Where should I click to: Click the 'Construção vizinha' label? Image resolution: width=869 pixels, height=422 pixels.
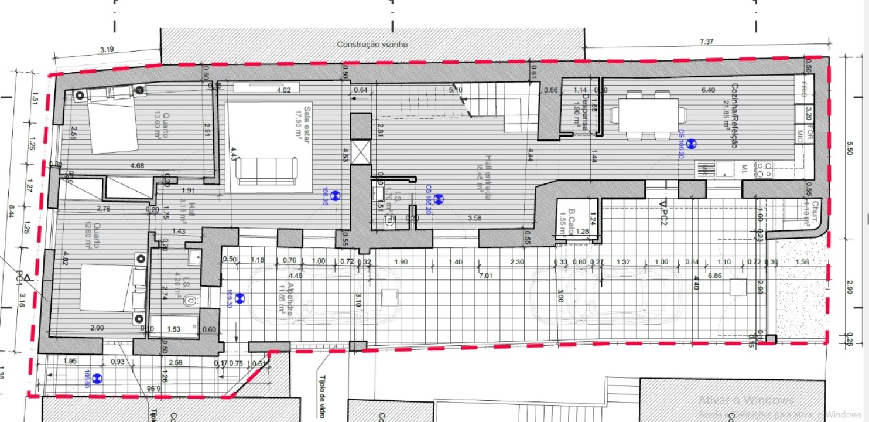tap(372, 44)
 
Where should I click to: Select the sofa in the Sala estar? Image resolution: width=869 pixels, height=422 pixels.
tap(266, 171)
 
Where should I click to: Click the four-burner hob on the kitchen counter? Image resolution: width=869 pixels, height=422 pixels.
tap(764, 169)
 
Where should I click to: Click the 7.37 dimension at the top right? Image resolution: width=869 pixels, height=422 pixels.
tap(707, 42)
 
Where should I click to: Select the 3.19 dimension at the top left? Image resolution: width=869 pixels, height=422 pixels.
tap(107, 50)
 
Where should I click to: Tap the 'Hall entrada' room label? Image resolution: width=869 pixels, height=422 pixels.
tap(487, 178)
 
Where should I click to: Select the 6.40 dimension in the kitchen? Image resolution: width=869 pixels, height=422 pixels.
tap(707, 90)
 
